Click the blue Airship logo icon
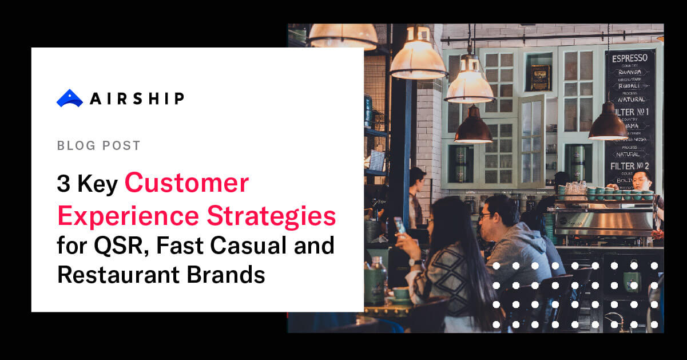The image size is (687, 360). pos(70,98)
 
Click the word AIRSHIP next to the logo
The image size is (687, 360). pos(137,98)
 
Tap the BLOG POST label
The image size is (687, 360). pos(98,145)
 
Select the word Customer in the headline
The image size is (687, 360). pos(186,184)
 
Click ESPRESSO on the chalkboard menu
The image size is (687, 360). pos(630,58)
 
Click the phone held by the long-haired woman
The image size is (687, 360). pos(400,225)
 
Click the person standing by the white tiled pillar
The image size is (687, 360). pos(416,195)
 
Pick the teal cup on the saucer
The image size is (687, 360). pos(400,294)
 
